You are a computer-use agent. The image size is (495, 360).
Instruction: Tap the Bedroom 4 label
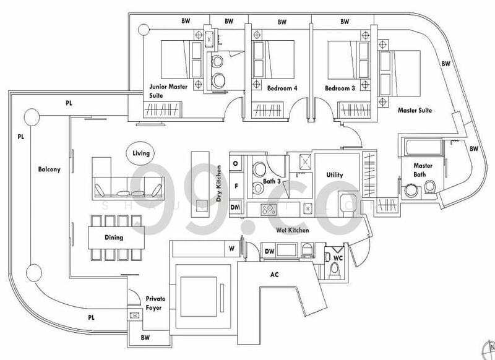[x=282, y=88]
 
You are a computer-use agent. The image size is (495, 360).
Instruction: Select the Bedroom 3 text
[x=340, y=88]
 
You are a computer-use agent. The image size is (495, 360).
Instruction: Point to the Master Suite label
[x=414, y=110]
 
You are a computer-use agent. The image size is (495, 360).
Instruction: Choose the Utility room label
[x=334, y=176]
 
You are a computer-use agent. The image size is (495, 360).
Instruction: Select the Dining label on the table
[x=114, y=237]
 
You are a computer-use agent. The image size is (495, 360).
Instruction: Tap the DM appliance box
[x=236, y=207]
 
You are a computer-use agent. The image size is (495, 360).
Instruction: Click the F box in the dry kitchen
[x=236, y=185]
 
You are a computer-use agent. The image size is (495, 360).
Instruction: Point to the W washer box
[x=231, y=250]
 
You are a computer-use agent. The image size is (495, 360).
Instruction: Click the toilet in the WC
[x=334, y=270]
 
